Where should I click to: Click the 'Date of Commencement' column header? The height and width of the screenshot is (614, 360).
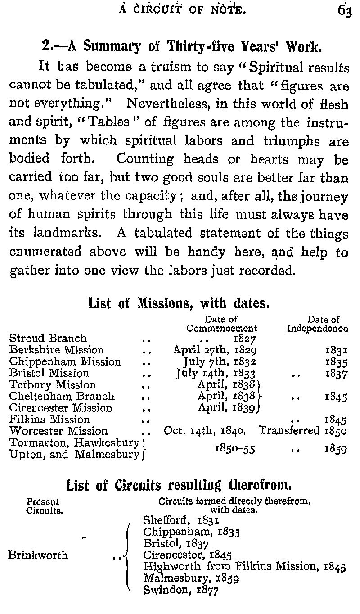(x=222, y=324)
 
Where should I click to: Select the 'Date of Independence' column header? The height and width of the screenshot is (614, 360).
(x=317, y=324)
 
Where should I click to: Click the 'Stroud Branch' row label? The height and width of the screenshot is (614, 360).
(x=48, y=338)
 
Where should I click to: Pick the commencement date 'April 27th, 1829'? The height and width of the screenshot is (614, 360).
(x=215, y=350)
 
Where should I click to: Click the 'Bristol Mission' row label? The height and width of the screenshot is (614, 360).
(x=49, y=373)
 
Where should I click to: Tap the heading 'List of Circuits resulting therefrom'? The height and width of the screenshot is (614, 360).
(x=179, y=485)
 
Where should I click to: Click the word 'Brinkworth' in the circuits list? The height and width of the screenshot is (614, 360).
(x=38, y=555)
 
